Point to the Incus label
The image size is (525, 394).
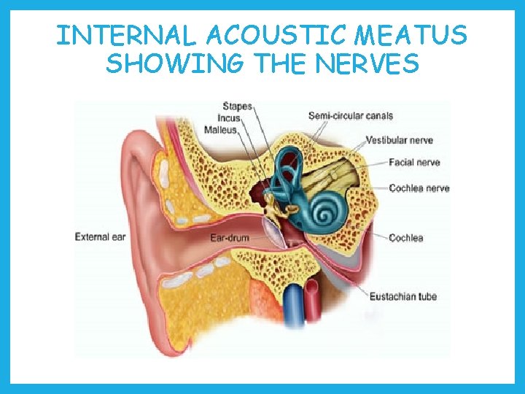tap(229, 118)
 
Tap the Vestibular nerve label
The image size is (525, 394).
tap(400, 139)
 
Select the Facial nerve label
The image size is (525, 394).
tap(414, 163)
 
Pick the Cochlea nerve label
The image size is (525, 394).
tap(419, 188)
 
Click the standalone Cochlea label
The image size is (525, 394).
tap(406, 238)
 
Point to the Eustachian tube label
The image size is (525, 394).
tap(403, 296)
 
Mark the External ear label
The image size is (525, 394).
tap(101, 236)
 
